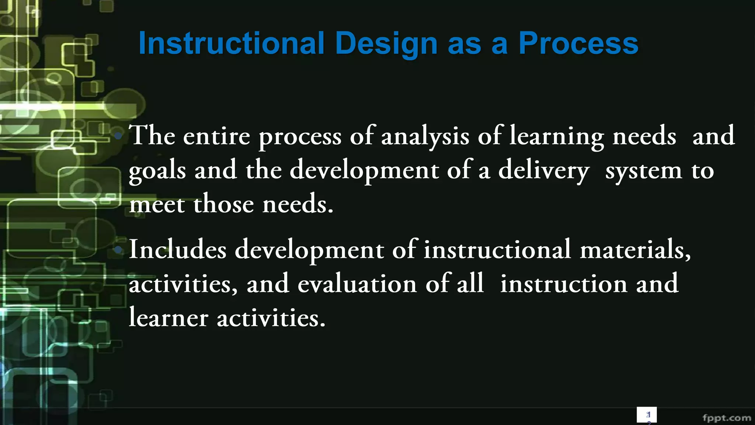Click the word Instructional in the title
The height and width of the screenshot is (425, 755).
231,44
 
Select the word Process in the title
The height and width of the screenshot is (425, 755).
578,44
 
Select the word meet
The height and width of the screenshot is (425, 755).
157,205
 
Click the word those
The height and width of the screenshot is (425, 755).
223,205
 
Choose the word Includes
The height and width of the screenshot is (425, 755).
178,250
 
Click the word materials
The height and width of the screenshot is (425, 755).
635,250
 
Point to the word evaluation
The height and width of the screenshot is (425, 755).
357,284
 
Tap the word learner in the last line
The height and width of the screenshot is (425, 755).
168,318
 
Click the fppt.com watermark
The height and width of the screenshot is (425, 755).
727,418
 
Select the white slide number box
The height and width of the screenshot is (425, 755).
647,415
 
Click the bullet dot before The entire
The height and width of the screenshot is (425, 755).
118,136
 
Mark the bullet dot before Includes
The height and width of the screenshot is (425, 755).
118,250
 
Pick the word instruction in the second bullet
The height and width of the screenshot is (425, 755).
564,284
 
